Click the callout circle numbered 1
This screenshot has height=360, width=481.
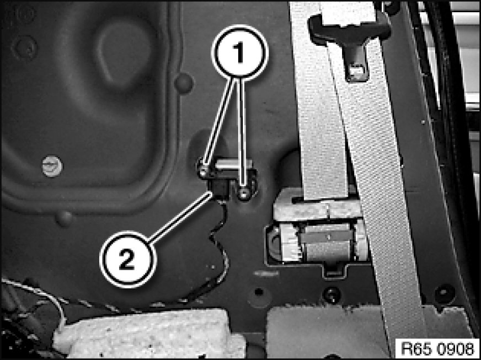[239, 51]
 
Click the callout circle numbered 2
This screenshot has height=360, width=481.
[128, 260]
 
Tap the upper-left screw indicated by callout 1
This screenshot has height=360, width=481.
[203, 173]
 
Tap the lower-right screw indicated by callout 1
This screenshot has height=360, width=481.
[244, 193]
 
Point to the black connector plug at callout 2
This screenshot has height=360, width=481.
[219, 190]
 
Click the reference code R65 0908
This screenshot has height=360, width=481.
[437, 349]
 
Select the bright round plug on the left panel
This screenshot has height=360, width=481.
[52, 166]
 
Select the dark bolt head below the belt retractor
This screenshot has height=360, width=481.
[332, 294]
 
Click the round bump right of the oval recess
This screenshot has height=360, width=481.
[184, 83]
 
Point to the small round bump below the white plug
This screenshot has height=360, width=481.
[65, 218]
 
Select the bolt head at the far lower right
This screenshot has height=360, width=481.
[445, 293]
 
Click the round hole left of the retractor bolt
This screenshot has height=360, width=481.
[259, 291]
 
